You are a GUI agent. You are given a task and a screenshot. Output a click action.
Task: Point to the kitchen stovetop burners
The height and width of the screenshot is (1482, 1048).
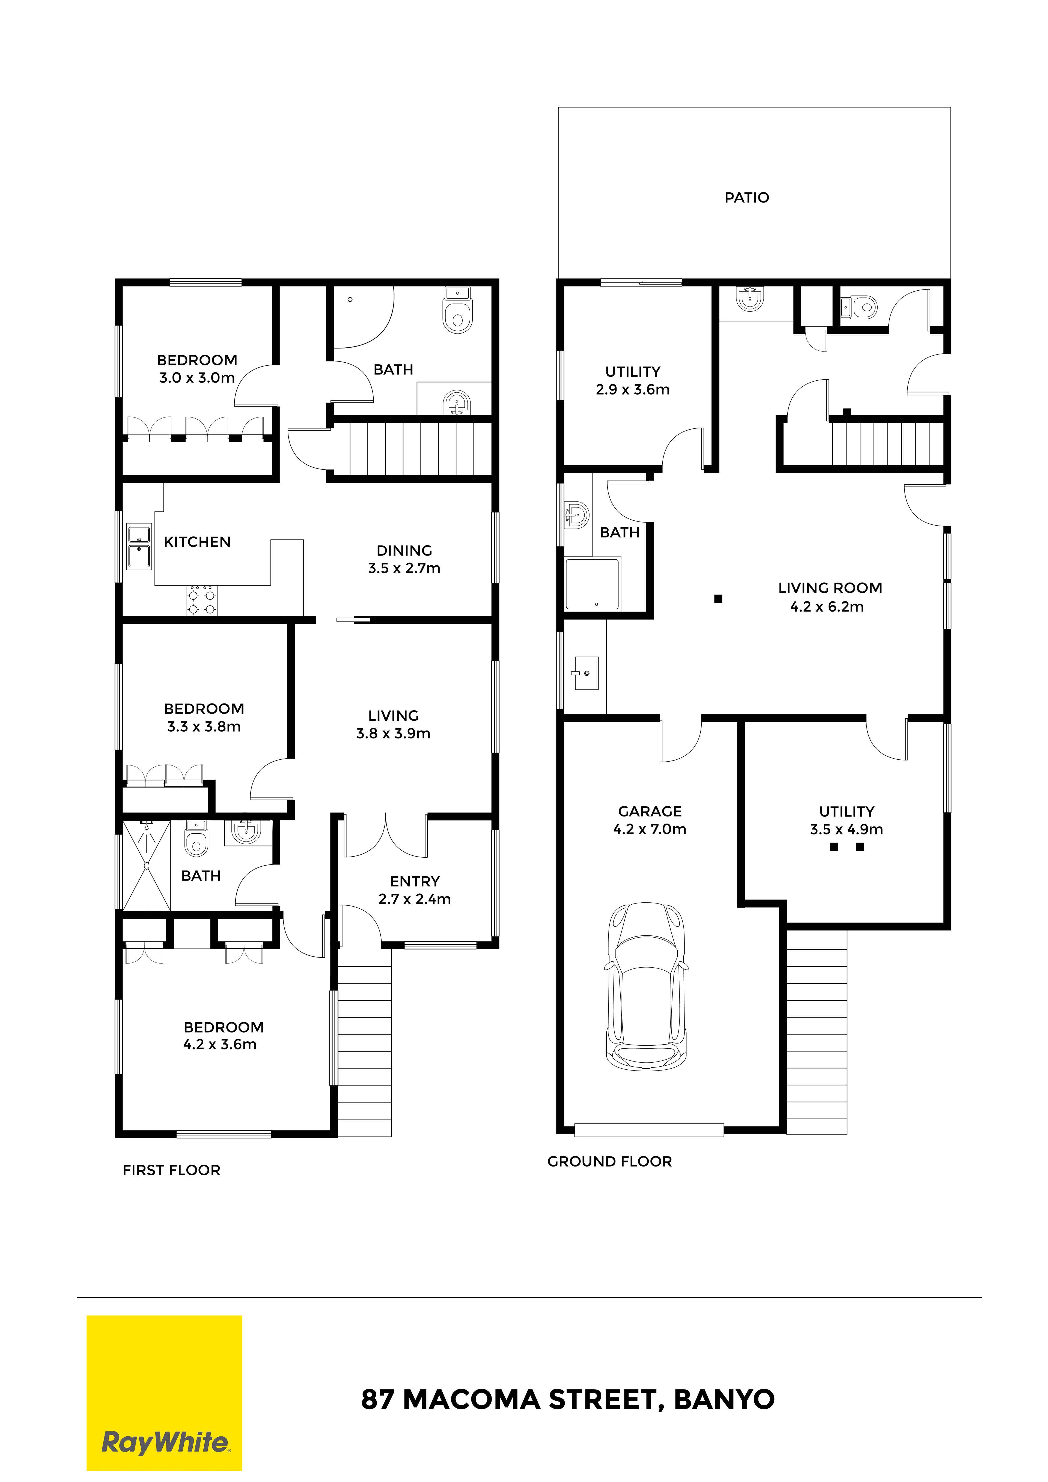(x=201, y=600)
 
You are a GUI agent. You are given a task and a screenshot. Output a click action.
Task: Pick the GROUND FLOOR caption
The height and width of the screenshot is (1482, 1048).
(x=609, y=1161)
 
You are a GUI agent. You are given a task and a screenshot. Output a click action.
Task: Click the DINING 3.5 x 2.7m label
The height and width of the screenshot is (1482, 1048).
(x=404, y=559)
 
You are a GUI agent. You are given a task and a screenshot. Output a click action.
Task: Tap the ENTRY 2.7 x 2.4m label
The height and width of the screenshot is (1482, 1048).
(x=415, y=890)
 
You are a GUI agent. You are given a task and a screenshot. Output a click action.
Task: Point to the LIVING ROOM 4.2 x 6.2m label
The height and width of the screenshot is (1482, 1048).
(x=830, y=597)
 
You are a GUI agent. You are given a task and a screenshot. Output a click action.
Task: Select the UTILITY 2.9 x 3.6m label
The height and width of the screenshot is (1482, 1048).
(x=633, y=380)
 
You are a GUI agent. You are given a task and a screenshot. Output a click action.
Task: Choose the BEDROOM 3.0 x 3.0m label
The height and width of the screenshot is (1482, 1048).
(x=197, y=369)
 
